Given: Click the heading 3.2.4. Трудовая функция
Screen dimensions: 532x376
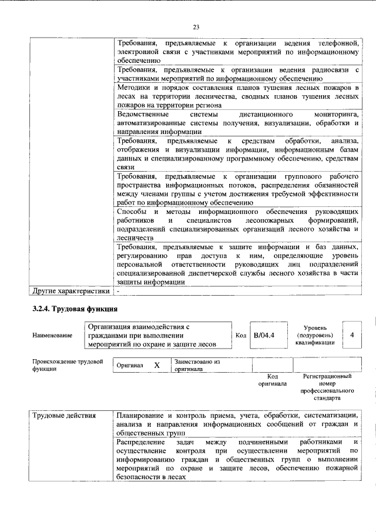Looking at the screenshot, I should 75,309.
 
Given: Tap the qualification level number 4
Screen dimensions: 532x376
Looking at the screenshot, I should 351,334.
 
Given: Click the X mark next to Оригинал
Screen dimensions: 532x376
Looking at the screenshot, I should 157,365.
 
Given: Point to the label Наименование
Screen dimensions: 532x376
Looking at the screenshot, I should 53,335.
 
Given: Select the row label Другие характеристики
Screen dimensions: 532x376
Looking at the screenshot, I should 70,290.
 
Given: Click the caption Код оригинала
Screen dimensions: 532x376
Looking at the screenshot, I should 272,380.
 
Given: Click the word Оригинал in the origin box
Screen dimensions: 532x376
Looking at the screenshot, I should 130,365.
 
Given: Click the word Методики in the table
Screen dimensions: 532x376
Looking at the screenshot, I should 133,87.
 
